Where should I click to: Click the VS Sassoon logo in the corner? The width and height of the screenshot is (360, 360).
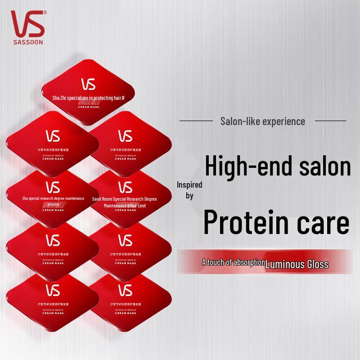click(27, 23)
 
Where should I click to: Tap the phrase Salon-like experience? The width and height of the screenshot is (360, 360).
click(263, 121)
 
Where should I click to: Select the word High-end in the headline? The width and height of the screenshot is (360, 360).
click(243, 167)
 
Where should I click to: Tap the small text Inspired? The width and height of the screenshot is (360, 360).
click(189, 184)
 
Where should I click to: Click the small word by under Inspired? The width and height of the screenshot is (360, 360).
click(189, 196)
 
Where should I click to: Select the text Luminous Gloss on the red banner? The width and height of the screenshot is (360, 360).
click(297, 264)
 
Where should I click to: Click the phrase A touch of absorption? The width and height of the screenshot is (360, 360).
click(233, 262)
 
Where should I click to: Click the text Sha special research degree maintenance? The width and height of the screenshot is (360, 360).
click(53, 198)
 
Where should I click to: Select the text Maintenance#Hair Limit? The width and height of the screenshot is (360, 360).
click(125, 206)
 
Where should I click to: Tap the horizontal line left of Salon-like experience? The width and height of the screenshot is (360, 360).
click(196, 121)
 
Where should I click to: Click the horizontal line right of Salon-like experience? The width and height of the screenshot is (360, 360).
click(330, 121)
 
